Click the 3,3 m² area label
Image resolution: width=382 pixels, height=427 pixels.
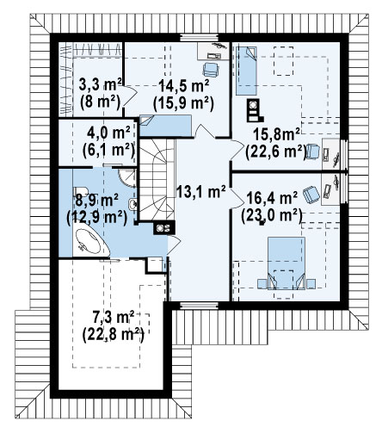click(100, 84)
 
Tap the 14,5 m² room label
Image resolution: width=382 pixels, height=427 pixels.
click(183, 85)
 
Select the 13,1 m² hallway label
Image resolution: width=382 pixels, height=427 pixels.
click(200, 191)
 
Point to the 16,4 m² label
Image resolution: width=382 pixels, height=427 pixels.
click(272, 198)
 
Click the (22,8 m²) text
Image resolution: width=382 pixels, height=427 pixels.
click(113, 335)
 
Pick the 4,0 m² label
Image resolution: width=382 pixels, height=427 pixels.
click(108, 133)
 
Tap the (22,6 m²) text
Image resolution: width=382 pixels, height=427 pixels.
click(276, 152)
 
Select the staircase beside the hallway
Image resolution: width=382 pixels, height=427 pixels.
click(157, 180)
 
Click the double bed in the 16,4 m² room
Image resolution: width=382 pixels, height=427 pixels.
click(286, 263)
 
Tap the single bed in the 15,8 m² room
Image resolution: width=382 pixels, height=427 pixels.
click(246, 71)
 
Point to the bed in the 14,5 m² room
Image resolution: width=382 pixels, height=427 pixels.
click(165, 126)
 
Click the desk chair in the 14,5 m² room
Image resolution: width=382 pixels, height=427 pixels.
click(211, 70)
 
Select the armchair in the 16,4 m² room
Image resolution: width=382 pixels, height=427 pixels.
click(311, 195)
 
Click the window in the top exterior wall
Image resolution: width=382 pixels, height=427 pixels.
click(199, 38)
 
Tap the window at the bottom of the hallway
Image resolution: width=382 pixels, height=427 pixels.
click(199, 306)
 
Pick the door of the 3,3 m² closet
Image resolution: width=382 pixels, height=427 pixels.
click(129, 96)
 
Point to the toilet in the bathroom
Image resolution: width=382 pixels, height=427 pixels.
click(81, 191)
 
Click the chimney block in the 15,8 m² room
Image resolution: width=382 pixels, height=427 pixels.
click(254, 110)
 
